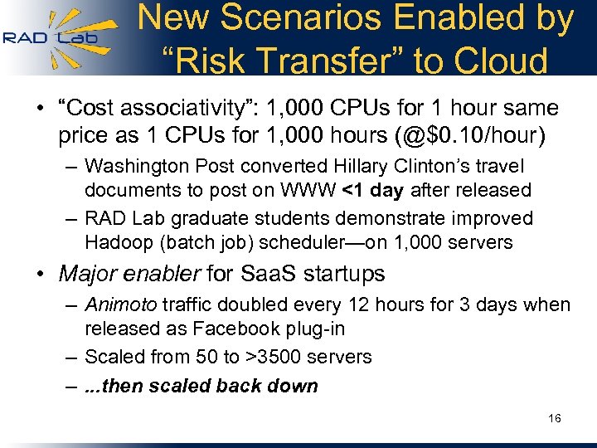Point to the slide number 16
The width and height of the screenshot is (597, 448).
tap(555, 418)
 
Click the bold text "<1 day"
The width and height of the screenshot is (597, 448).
tap(372, 190)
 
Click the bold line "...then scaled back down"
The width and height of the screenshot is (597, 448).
tap(201, 386)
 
